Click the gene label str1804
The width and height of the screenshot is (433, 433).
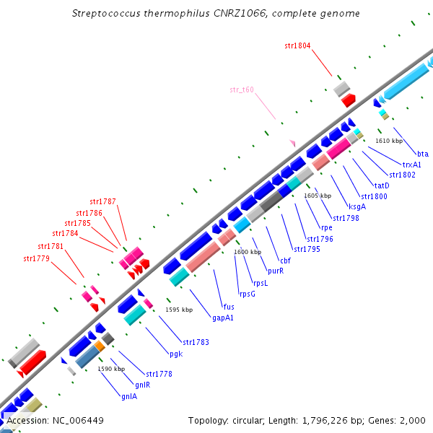click(x=297, y=45)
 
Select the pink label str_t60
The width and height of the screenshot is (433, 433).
click(x=242, y=89)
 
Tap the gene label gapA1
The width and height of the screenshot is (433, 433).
click(x=222, y=317)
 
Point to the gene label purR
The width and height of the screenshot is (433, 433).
click(x=275, y=271)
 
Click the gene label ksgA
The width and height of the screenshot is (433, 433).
click(x=357, y=206)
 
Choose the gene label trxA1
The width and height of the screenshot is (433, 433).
click(x=412, y=165)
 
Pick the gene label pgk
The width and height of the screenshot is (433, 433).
click(x=176, y=354)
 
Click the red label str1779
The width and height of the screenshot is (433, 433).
click(x=36, y=258)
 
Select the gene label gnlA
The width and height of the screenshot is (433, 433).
click(x=129, y=395)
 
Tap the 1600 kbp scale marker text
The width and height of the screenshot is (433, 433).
click(x=248, y=252)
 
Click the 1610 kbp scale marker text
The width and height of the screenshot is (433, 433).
click(x=389, y=141)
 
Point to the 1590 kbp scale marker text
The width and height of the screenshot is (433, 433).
click(x=112, y=369)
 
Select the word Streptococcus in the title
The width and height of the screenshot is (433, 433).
click(x=105, y=14)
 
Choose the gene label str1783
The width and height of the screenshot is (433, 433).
click(x=196, y=341)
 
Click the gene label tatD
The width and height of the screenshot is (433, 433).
click(x=382, y=185)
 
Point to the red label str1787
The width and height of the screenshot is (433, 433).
click(x=103, y=201)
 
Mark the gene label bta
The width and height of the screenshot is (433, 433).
click(x=423, y=154)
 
